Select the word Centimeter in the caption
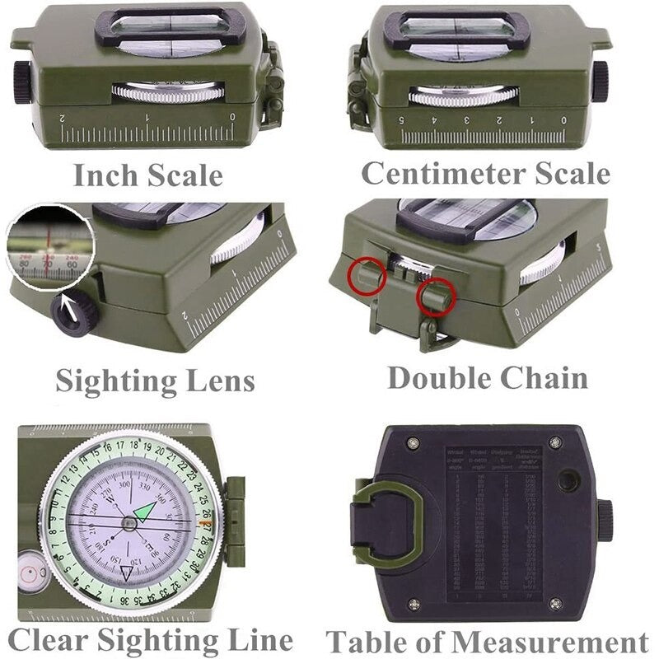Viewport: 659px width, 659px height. [446, 173]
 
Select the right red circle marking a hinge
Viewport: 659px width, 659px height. [437, 298]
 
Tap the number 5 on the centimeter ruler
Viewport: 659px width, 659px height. [403, 120]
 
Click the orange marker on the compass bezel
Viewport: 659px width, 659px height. [207, 524]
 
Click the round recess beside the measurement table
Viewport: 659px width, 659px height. [568, 480]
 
